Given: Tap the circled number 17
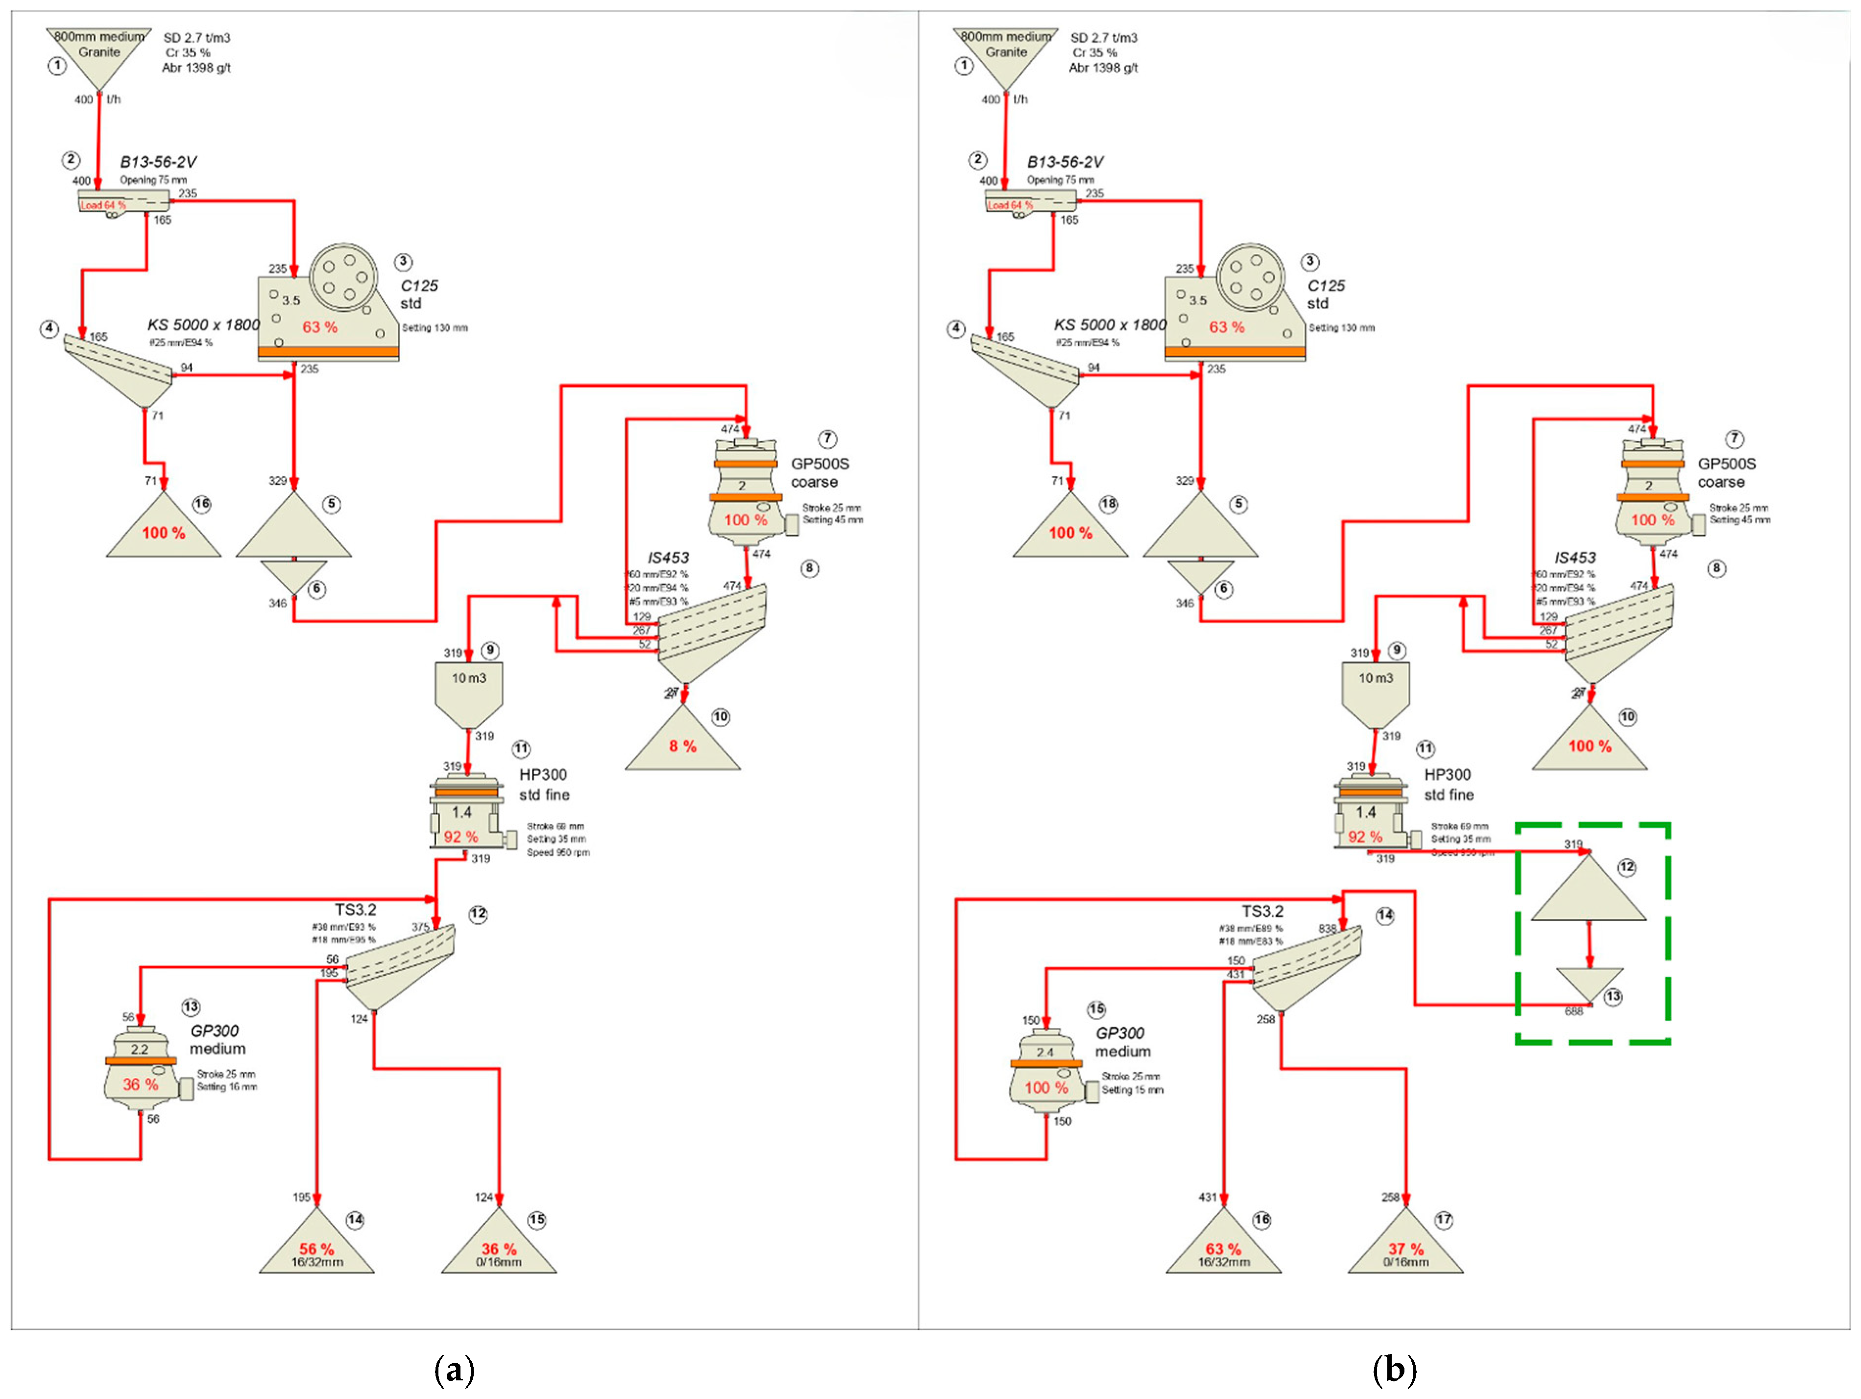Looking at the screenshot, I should pyautogui.click(x=1444, y=1220).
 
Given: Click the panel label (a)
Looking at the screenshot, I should pyautogui.click(x=454, y=1370).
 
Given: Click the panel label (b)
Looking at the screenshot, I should pyautogui.click(x=1394, y=1370).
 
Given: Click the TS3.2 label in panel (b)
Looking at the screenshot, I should pyautogui.click(x=1262, y=911).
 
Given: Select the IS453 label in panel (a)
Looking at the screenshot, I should pyautogui.click(x=668, y=557).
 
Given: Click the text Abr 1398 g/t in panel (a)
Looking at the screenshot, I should pyautogui.click(x=196, y=68).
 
